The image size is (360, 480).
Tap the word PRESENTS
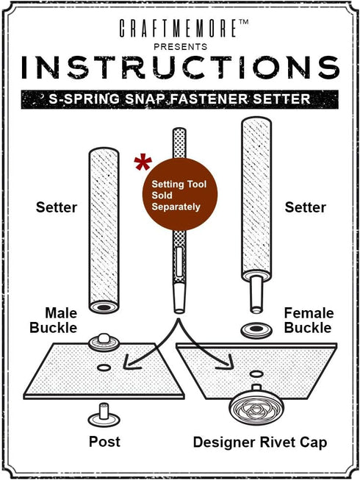(181, 47)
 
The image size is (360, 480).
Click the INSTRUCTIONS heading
(181, 68)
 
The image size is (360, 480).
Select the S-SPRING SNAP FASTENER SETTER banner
(180, 99)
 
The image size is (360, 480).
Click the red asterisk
(143, 163)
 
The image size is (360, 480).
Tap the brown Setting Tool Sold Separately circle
(180, 194)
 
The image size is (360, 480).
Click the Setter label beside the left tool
(57, 207)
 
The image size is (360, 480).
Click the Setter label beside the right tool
(305, 207)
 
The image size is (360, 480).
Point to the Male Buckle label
(54, 320)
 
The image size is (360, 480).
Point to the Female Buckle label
(309, 320)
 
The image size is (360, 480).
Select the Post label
(104, 442)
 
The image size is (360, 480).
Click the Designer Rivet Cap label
(260, 443)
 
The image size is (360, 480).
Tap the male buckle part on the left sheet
(104, 343)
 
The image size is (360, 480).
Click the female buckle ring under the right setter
(256, 330)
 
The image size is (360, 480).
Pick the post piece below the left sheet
(104, 415)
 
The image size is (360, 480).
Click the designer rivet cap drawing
(256, 406)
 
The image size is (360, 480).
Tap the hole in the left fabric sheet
(104, 368)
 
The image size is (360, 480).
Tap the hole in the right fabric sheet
(256, 373)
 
